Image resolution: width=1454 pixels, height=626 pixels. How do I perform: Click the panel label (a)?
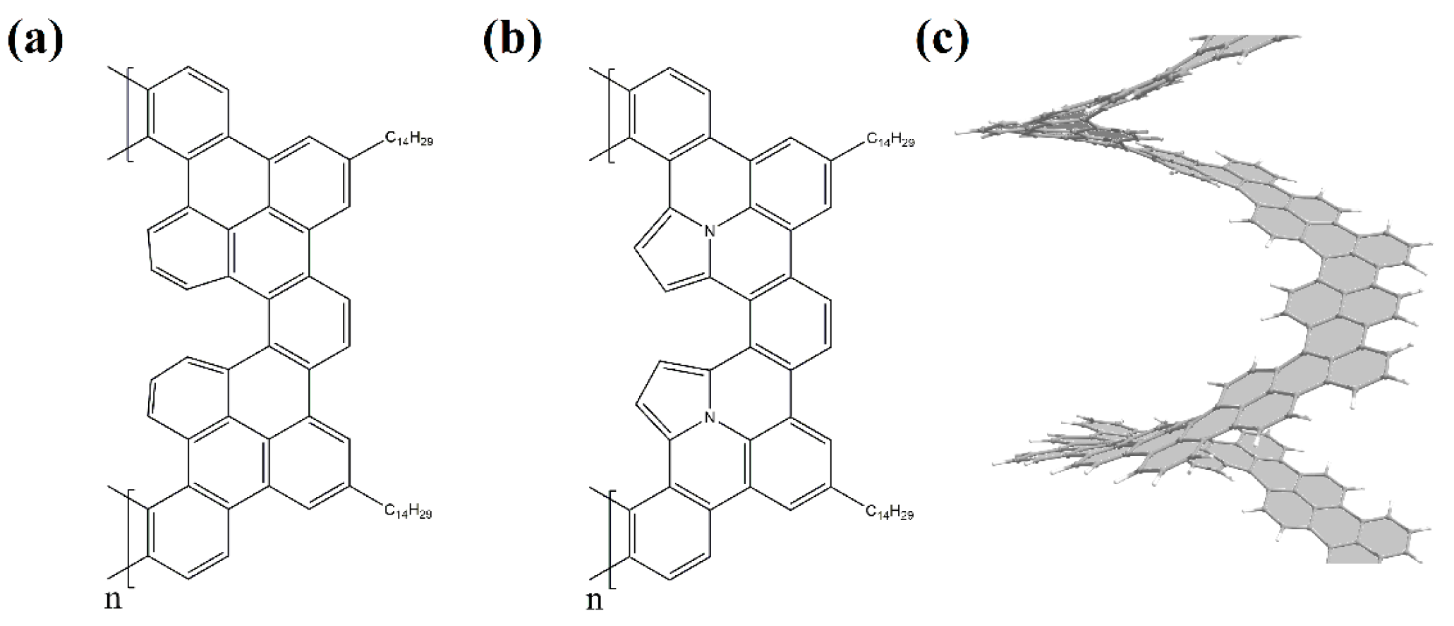click(x=35, y=40)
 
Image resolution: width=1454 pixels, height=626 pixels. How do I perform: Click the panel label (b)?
click(x=513, y=40)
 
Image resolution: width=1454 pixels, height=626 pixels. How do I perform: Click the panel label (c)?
click(x=943, y=40)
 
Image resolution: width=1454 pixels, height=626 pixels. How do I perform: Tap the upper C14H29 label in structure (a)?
click(x=408, y=139)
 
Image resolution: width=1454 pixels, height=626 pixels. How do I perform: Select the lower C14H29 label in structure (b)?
click(x=890, y=513)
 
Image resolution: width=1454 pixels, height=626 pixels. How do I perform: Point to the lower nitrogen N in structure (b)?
click(x=710, y=419)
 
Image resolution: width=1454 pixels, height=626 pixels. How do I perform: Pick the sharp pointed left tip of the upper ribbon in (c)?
click(x=959, y=131)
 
